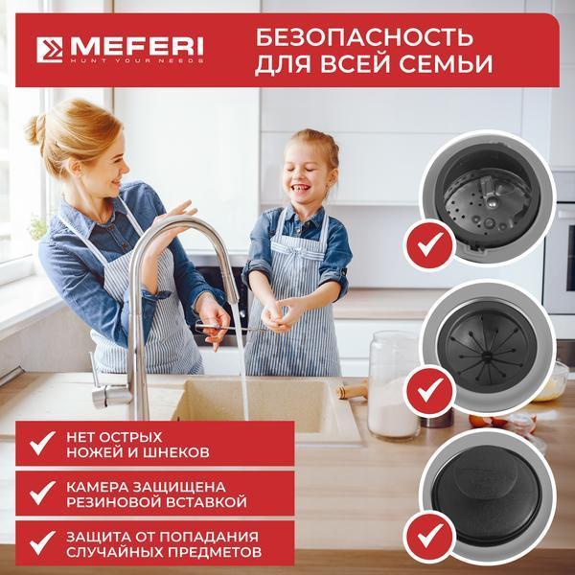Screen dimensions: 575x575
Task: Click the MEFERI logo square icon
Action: click(x=50, y=50)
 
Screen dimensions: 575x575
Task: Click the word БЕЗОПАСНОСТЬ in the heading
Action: click(x=364, y=37)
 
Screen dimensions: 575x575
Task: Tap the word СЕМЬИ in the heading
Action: click(x=446, y=64)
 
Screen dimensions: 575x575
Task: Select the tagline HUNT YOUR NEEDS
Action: click(x=137, y=60)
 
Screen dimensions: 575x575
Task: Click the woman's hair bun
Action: click(x=35, y=129)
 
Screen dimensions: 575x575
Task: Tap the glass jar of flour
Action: click(x=393, y=384)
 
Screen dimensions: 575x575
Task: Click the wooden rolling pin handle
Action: click(x=352, y=391)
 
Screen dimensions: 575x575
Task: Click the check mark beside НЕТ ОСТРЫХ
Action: click(x=42, y=443)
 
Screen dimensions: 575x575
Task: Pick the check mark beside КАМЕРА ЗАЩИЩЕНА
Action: click(x=42, y=493)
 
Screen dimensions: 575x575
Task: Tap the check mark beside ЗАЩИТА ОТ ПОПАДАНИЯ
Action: click(x=42, y=542)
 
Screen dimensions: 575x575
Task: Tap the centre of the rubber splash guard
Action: click(x=488, y=355)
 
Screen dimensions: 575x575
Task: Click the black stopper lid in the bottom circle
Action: click(x=487, y=495)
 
